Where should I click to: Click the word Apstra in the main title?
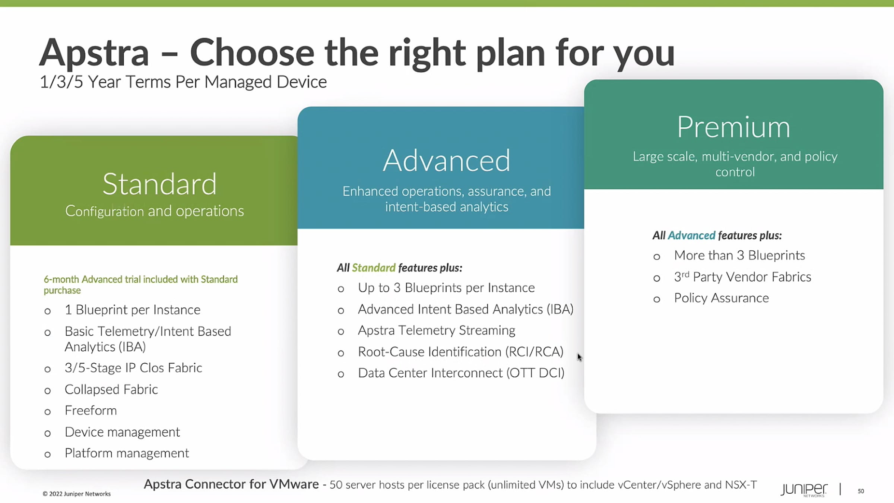point(94,53)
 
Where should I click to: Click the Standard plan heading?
point(159,184)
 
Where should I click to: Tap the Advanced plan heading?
point(446,160)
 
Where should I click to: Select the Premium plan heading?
point(733,127)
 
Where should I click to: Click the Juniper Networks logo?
point(804,490)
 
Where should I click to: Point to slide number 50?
point(861,491)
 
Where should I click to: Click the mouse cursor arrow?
point(580,357)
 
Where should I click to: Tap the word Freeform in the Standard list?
point(91,411)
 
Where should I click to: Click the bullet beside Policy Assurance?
point(657,299)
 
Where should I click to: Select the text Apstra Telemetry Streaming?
point(437,330)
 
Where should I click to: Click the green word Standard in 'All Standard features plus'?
point(374,268)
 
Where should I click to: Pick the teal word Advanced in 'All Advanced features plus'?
point(691,235)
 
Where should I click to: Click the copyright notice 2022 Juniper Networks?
point(77,494)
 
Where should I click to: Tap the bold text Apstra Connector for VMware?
point(231,484)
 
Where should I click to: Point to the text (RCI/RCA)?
point(534,352)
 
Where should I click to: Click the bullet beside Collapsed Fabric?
point(47,391)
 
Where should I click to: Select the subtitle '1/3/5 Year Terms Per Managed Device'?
point(183,82)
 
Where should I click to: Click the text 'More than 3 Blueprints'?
point(739,256)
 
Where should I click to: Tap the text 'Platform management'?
point(127,453)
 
